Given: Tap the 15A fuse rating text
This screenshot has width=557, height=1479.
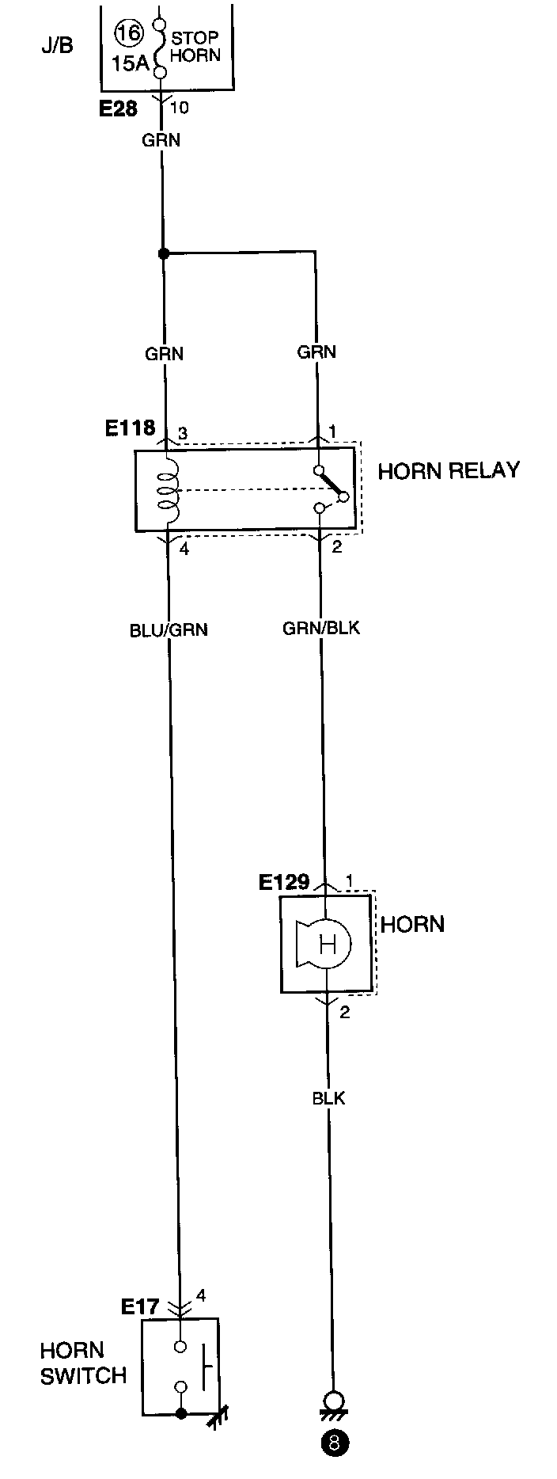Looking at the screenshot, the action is pos(131,64).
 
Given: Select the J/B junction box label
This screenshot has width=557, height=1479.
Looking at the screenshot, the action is pos(57,45).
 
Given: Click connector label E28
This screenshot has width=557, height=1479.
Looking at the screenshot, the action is pos(118,108).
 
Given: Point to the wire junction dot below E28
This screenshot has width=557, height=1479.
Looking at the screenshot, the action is pos(163,253).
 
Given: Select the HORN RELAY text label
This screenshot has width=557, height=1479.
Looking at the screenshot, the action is pos(449,470).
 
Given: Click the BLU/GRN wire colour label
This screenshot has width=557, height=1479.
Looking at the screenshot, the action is pos(169,630).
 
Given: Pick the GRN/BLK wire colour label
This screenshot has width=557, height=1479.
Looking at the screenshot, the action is pos(321,628).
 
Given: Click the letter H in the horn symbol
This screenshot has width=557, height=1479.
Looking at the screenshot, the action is pos(327,943).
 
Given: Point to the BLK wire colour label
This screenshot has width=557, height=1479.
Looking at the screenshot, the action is pos(328,1098).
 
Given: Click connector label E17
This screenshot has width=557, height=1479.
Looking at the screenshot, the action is pos(140,1306).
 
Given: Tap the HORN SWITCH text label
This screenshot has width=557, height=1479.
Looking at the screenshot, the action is pos(83,1363).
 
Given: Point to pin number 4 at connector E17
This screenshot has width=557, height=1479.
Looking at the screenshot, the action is pos(201,1295).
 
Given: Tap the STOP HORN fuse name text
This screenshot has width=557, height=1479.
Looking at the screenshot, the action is pos(195,47).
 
